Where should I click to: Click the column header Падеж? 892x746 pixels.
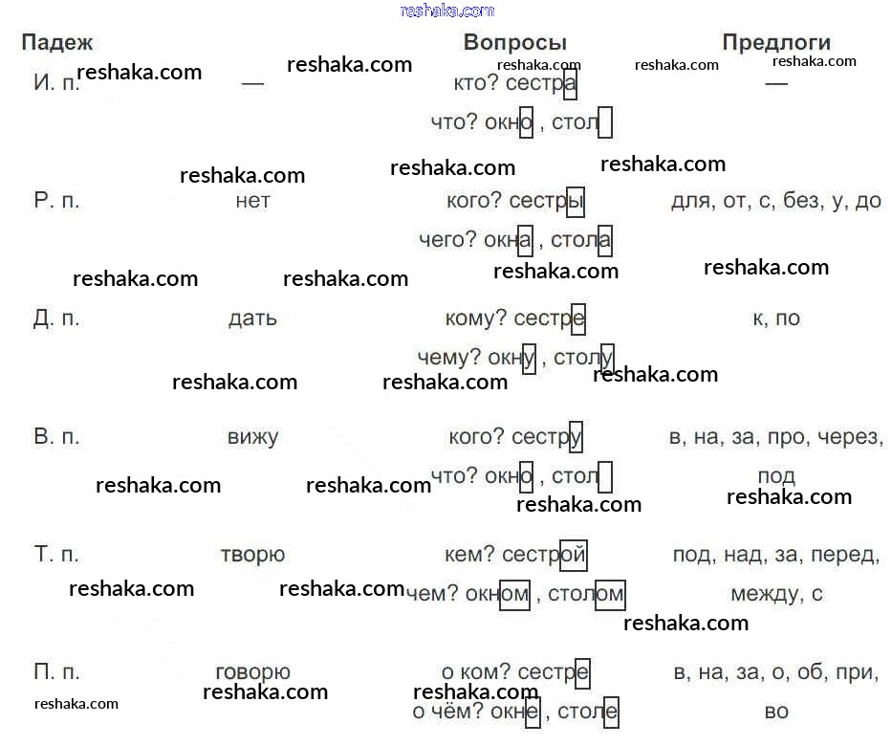[57, 43]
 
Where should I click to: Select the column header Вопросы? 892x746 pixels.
[514, 42]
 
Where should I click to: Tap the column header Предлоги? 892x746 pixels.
[776, 42]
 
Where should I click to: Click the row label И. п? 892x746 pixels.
[55, 83]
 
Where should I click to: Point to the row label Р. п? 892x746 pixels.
[56, 200]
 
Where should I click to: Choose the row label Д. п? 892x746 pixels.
[55, 318]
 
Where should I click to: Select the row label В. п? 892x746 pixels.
[56, 436]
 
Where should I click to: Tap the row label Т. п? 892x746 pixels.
[56, 554]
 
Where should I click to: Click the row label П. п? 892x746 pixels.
[56, 671]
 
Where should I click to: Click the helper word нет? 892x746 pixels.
[252, 201]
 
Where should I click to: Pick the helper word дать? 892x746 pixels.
[252, 318]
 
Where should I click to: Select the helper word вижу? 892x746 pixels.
[252, 437]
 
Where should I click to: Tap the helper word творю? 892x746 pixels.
[252, 555]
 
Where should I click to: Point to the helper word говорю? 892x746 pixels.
[252, 672]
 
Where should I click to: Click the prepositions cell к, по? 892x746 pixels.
[776, 318]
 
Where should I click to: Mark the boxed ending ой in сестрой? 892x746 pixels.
[574, 555]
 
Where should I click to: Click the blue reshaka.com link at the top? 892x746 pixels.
[447, 11]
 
